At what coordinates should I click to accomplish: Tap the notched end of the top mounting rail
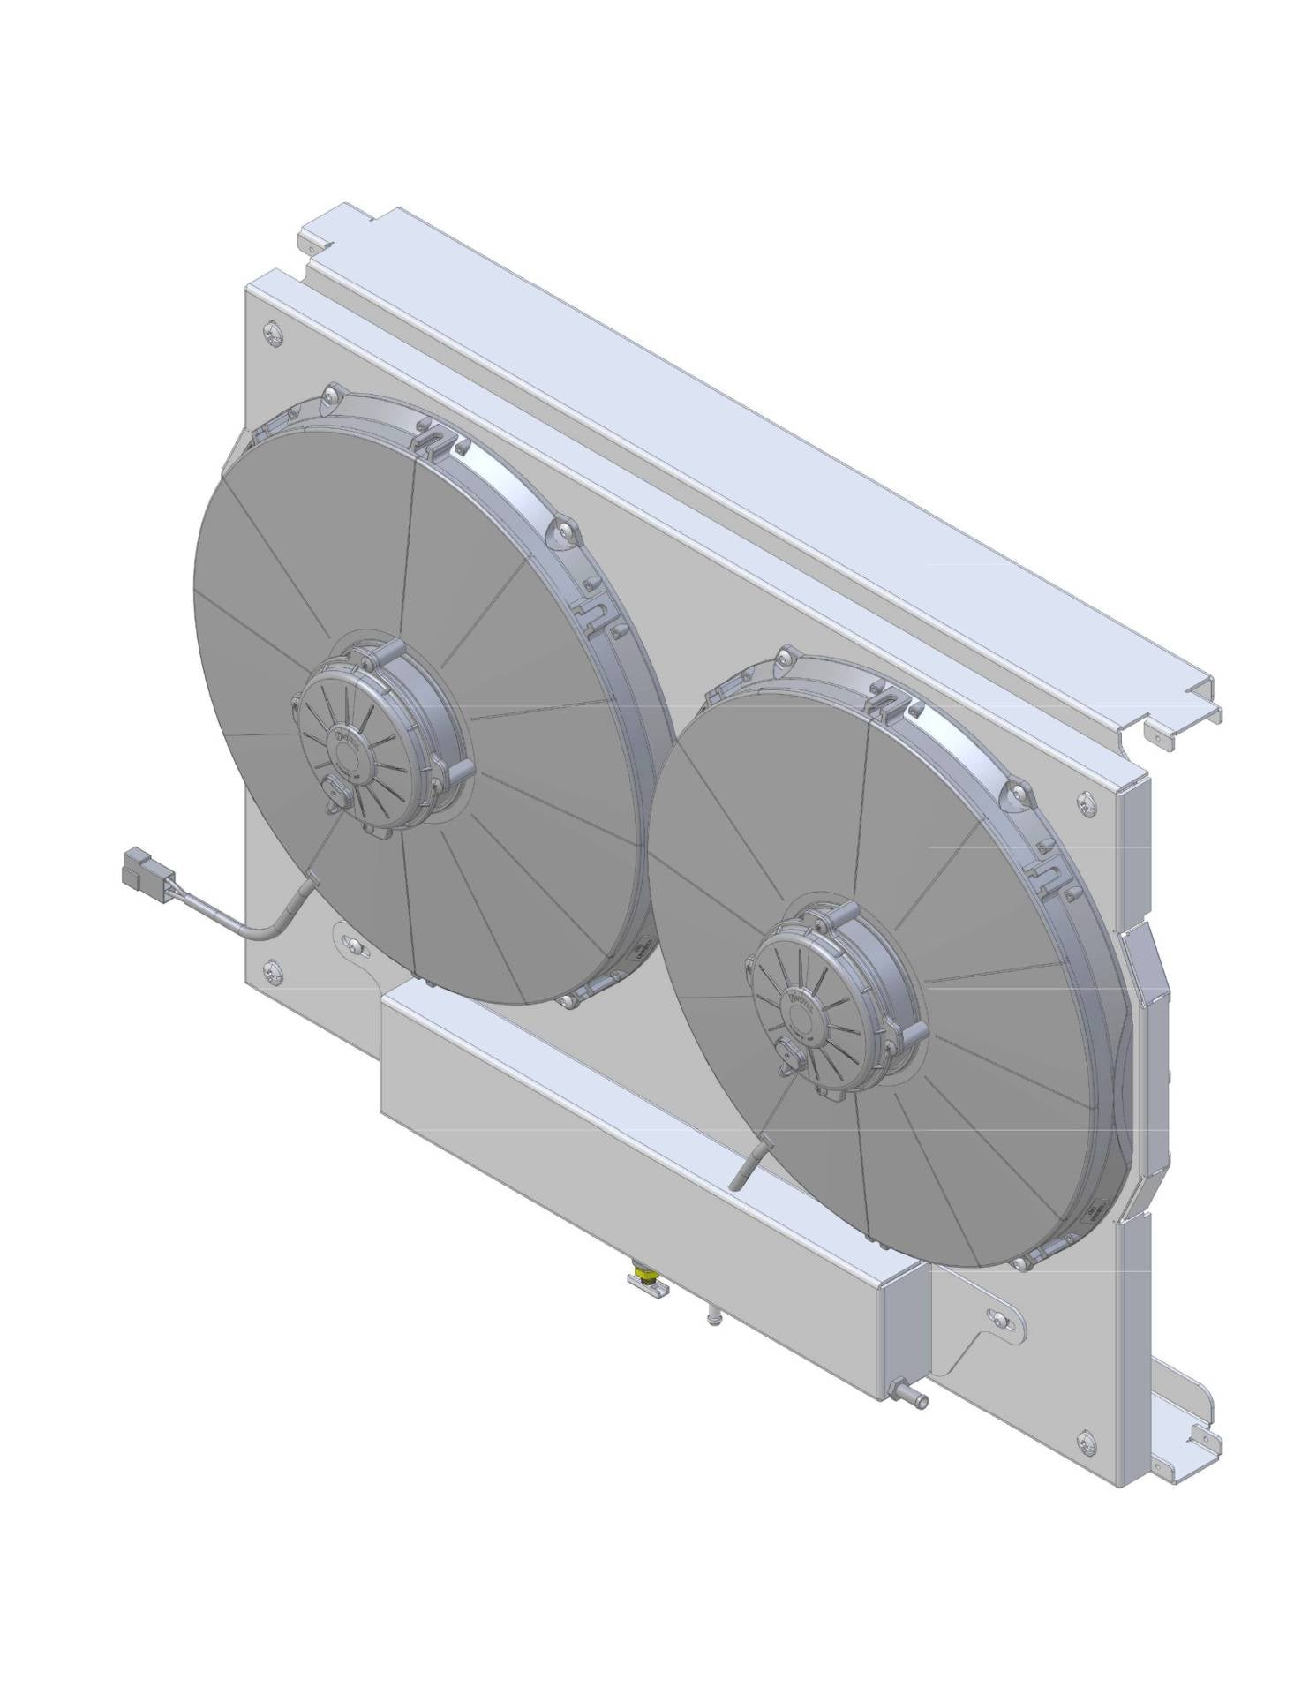[x=1183, y=715]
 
